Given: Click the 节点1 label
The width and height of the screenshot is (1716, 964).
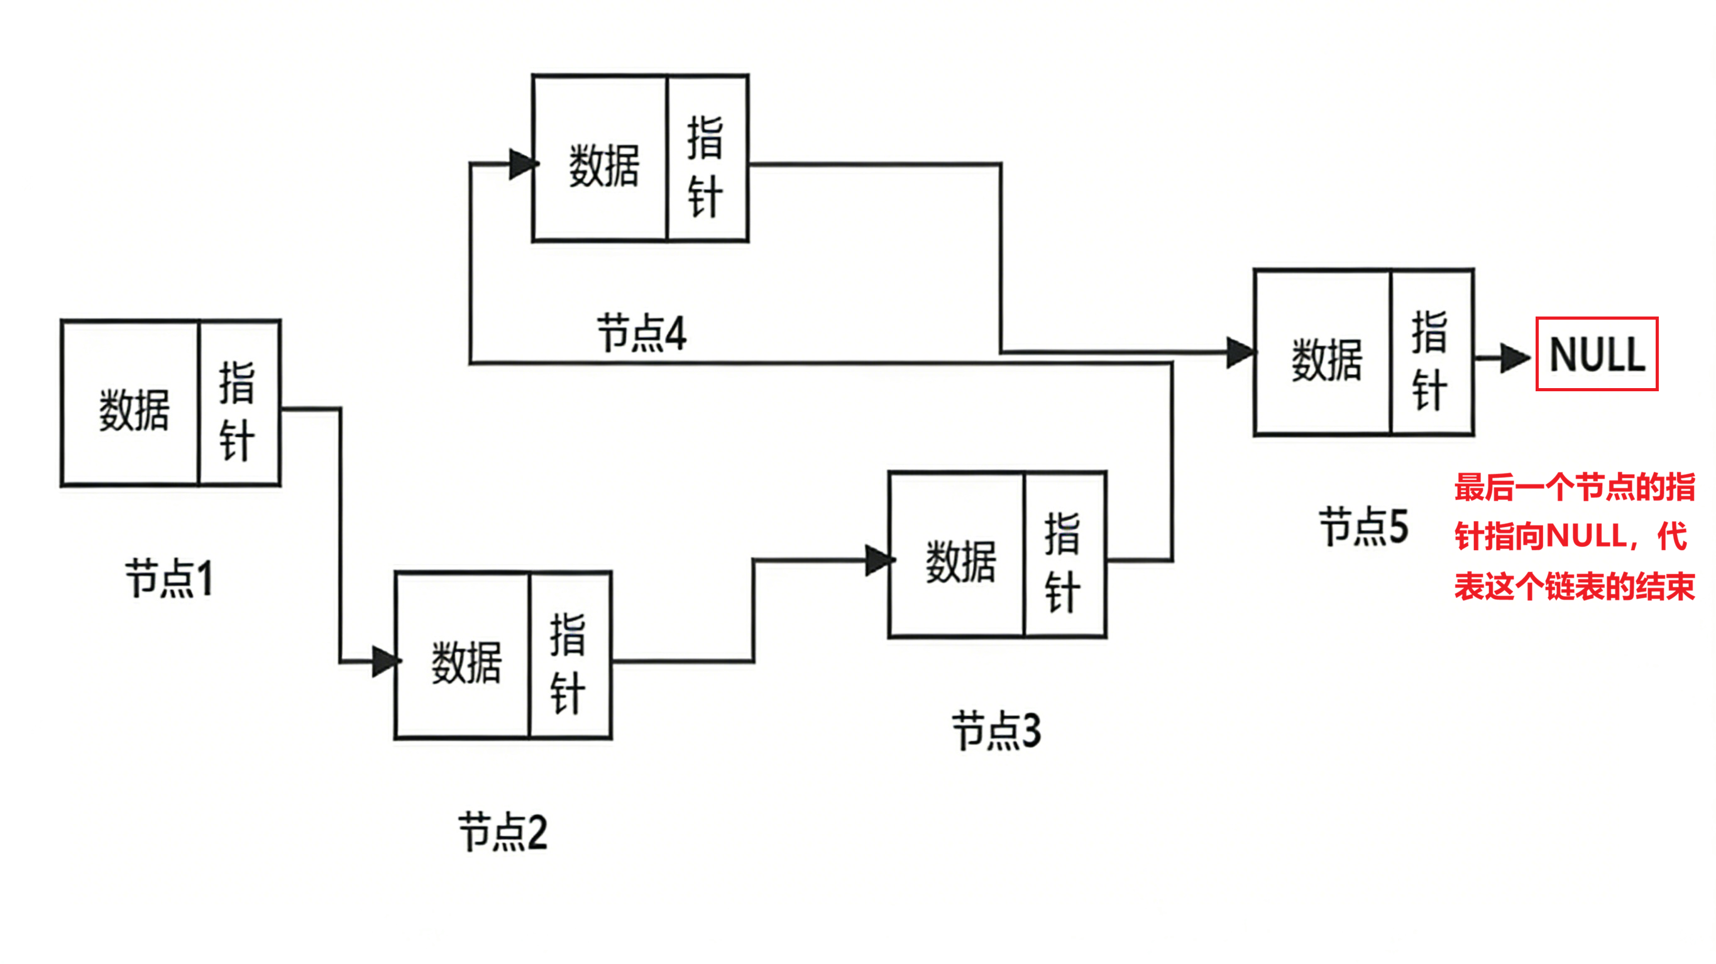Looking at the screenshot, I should pos(169,578).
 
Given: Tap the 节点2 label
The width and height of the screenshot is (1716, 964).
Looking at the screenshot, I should pos(503,831).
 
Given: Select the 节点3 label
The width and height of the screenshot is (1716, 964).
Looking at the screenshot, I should pos(996,730).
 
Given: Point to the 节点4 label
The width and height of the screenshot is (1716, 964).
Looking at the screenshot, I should pos(642,333).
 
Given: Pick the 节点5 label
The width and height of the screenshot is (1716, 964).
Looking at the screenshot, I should pos(1363,526).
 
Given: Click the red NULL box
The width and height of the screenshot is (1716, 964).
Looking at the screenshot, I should pos(1596,354).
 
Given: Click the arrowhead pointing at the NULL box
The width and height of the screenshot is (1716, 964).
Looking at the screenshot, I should pos(1515,358).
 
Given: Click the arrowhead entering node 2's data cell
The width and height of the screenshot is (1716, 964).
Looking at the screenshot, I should pos(386,661).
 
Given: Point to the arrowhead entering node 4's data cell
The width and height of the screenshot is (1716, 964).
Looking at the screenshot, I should pos(523,164).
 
